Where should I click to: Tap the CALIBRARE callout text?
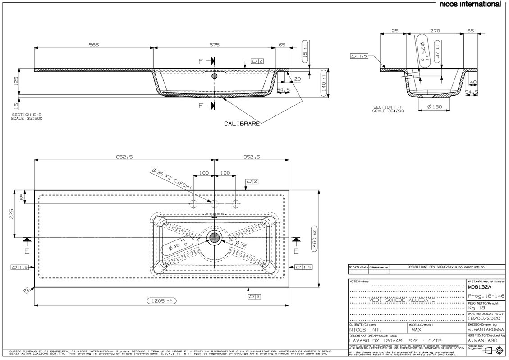click(x=242, y=124)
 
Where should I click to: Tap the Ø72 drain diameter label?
click(x=240, y=244)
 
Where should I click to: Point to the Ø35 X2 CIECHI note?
click(x=172, y=179)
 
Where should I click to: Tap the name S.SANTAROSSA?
click(x=485, y=330)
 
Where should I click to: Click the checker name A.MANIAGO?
click(x=482, y=341)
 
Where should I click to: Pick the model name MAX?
click(x=417, y=330)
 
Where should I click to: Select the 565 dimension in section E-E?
click(x=93, y=45)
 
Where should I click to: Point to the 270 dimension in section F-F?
click(x=435, y=31)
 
